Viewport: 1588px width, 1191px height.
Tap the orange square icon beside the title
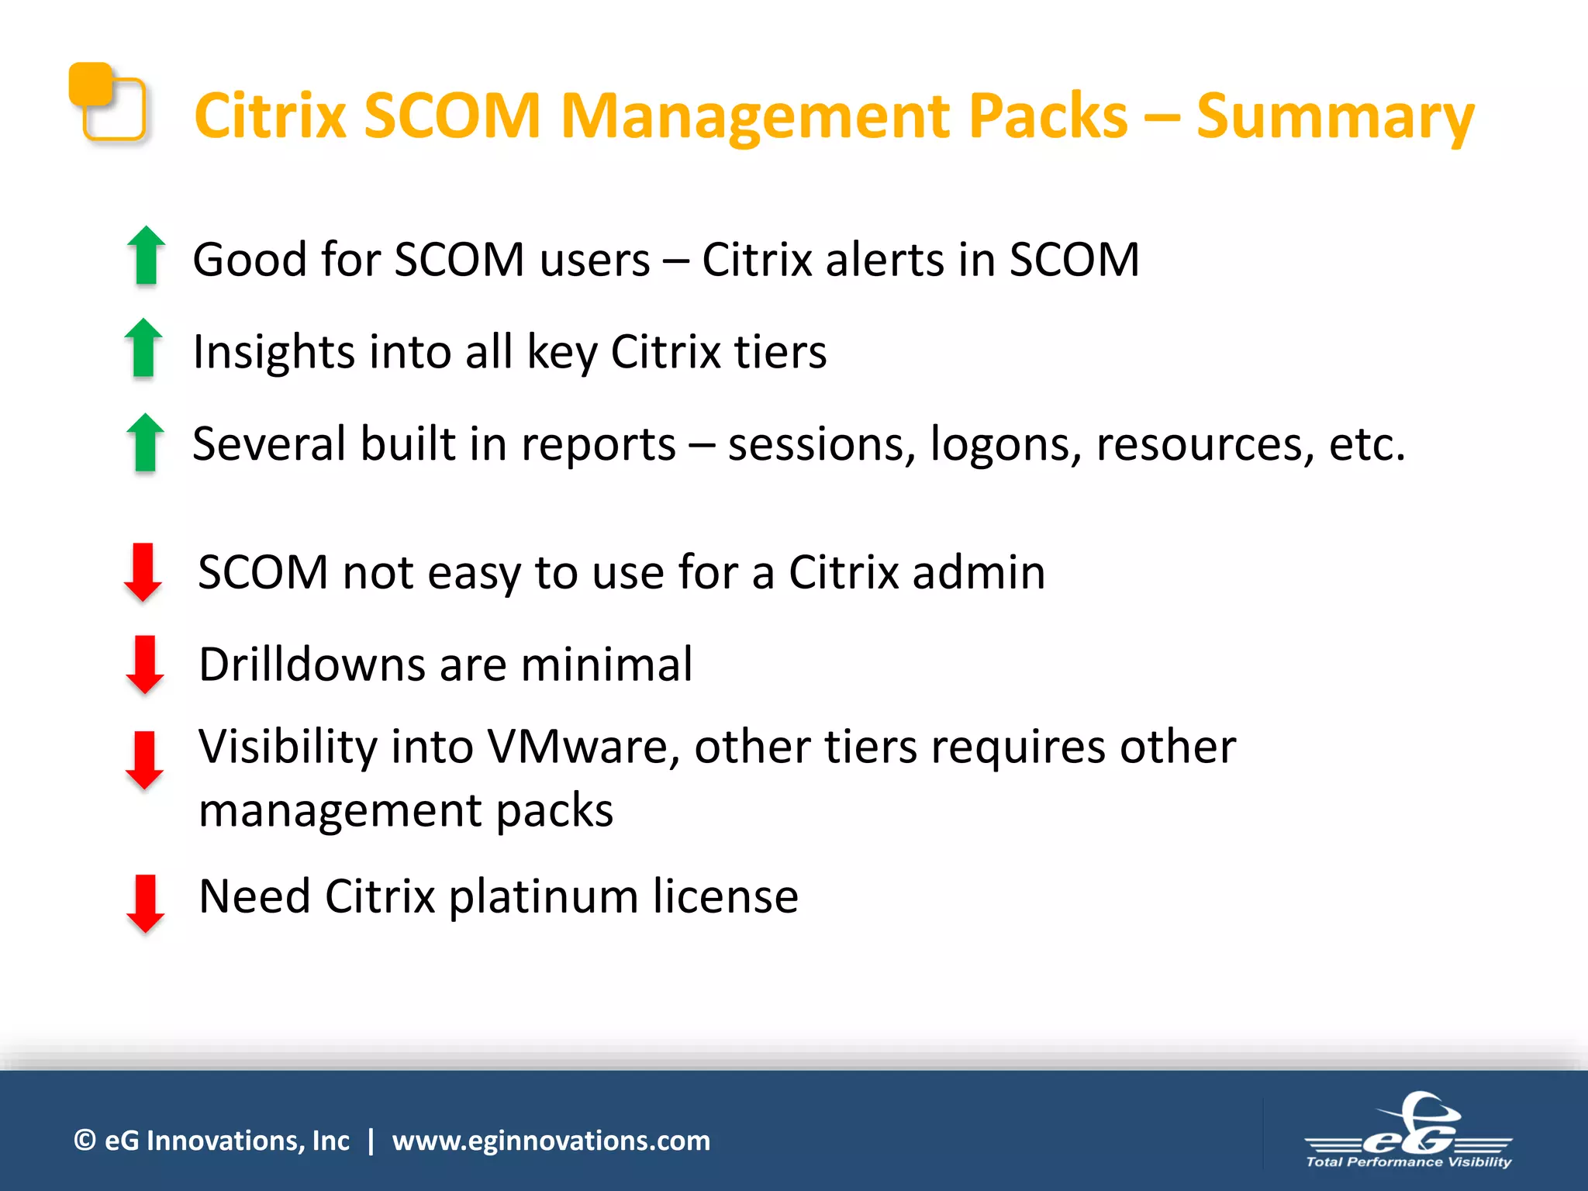pos(107,102)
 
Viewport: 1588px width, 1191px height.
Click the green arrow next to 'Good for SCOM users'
pos(146,255)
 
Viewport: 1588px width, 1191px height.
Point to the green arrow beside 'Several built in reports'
pos(145,442)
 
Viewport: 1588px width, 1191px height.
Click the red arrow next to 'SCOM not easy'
pos(143,572)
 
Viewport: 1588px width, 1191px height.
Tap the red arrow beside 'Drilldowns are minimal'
pos(145,665)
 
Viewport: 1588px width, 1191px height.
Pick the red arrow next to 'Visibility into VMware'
pos(145,760)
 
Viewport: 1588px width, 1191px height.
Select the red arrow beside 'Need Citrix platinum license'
pos(145,903)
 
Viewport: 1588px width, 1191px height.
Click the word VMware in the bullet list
pos(582,747)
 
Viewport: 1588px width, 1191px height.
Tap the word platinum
pos(543,897)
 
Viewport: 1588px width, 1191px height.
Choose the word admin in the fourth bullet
pos(979,572)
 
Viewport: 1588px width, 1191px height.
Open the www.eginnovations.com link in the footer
pos(551,1141)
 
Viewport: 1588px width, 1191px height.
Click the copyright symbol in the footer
pos(85,1141)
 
